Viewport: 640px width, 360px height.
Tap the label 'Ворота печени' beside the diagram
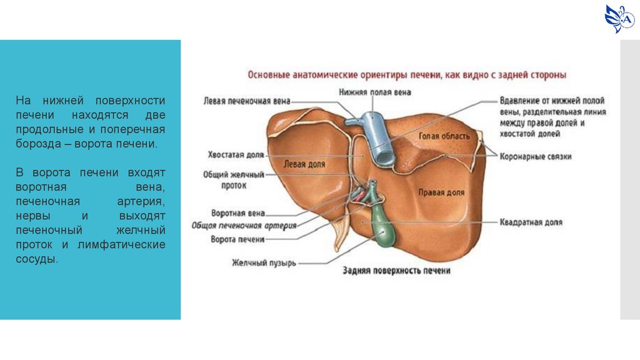point(237,239)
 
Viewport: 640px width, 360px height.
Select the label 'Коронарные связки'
point(536,157)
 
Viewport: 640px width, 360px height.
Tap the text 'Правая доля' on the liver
point(441,193)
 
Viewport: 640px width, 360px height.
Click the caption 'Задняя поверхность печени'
point(396,271)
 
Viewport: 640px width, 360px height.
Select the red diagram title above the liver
point(407,75)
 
